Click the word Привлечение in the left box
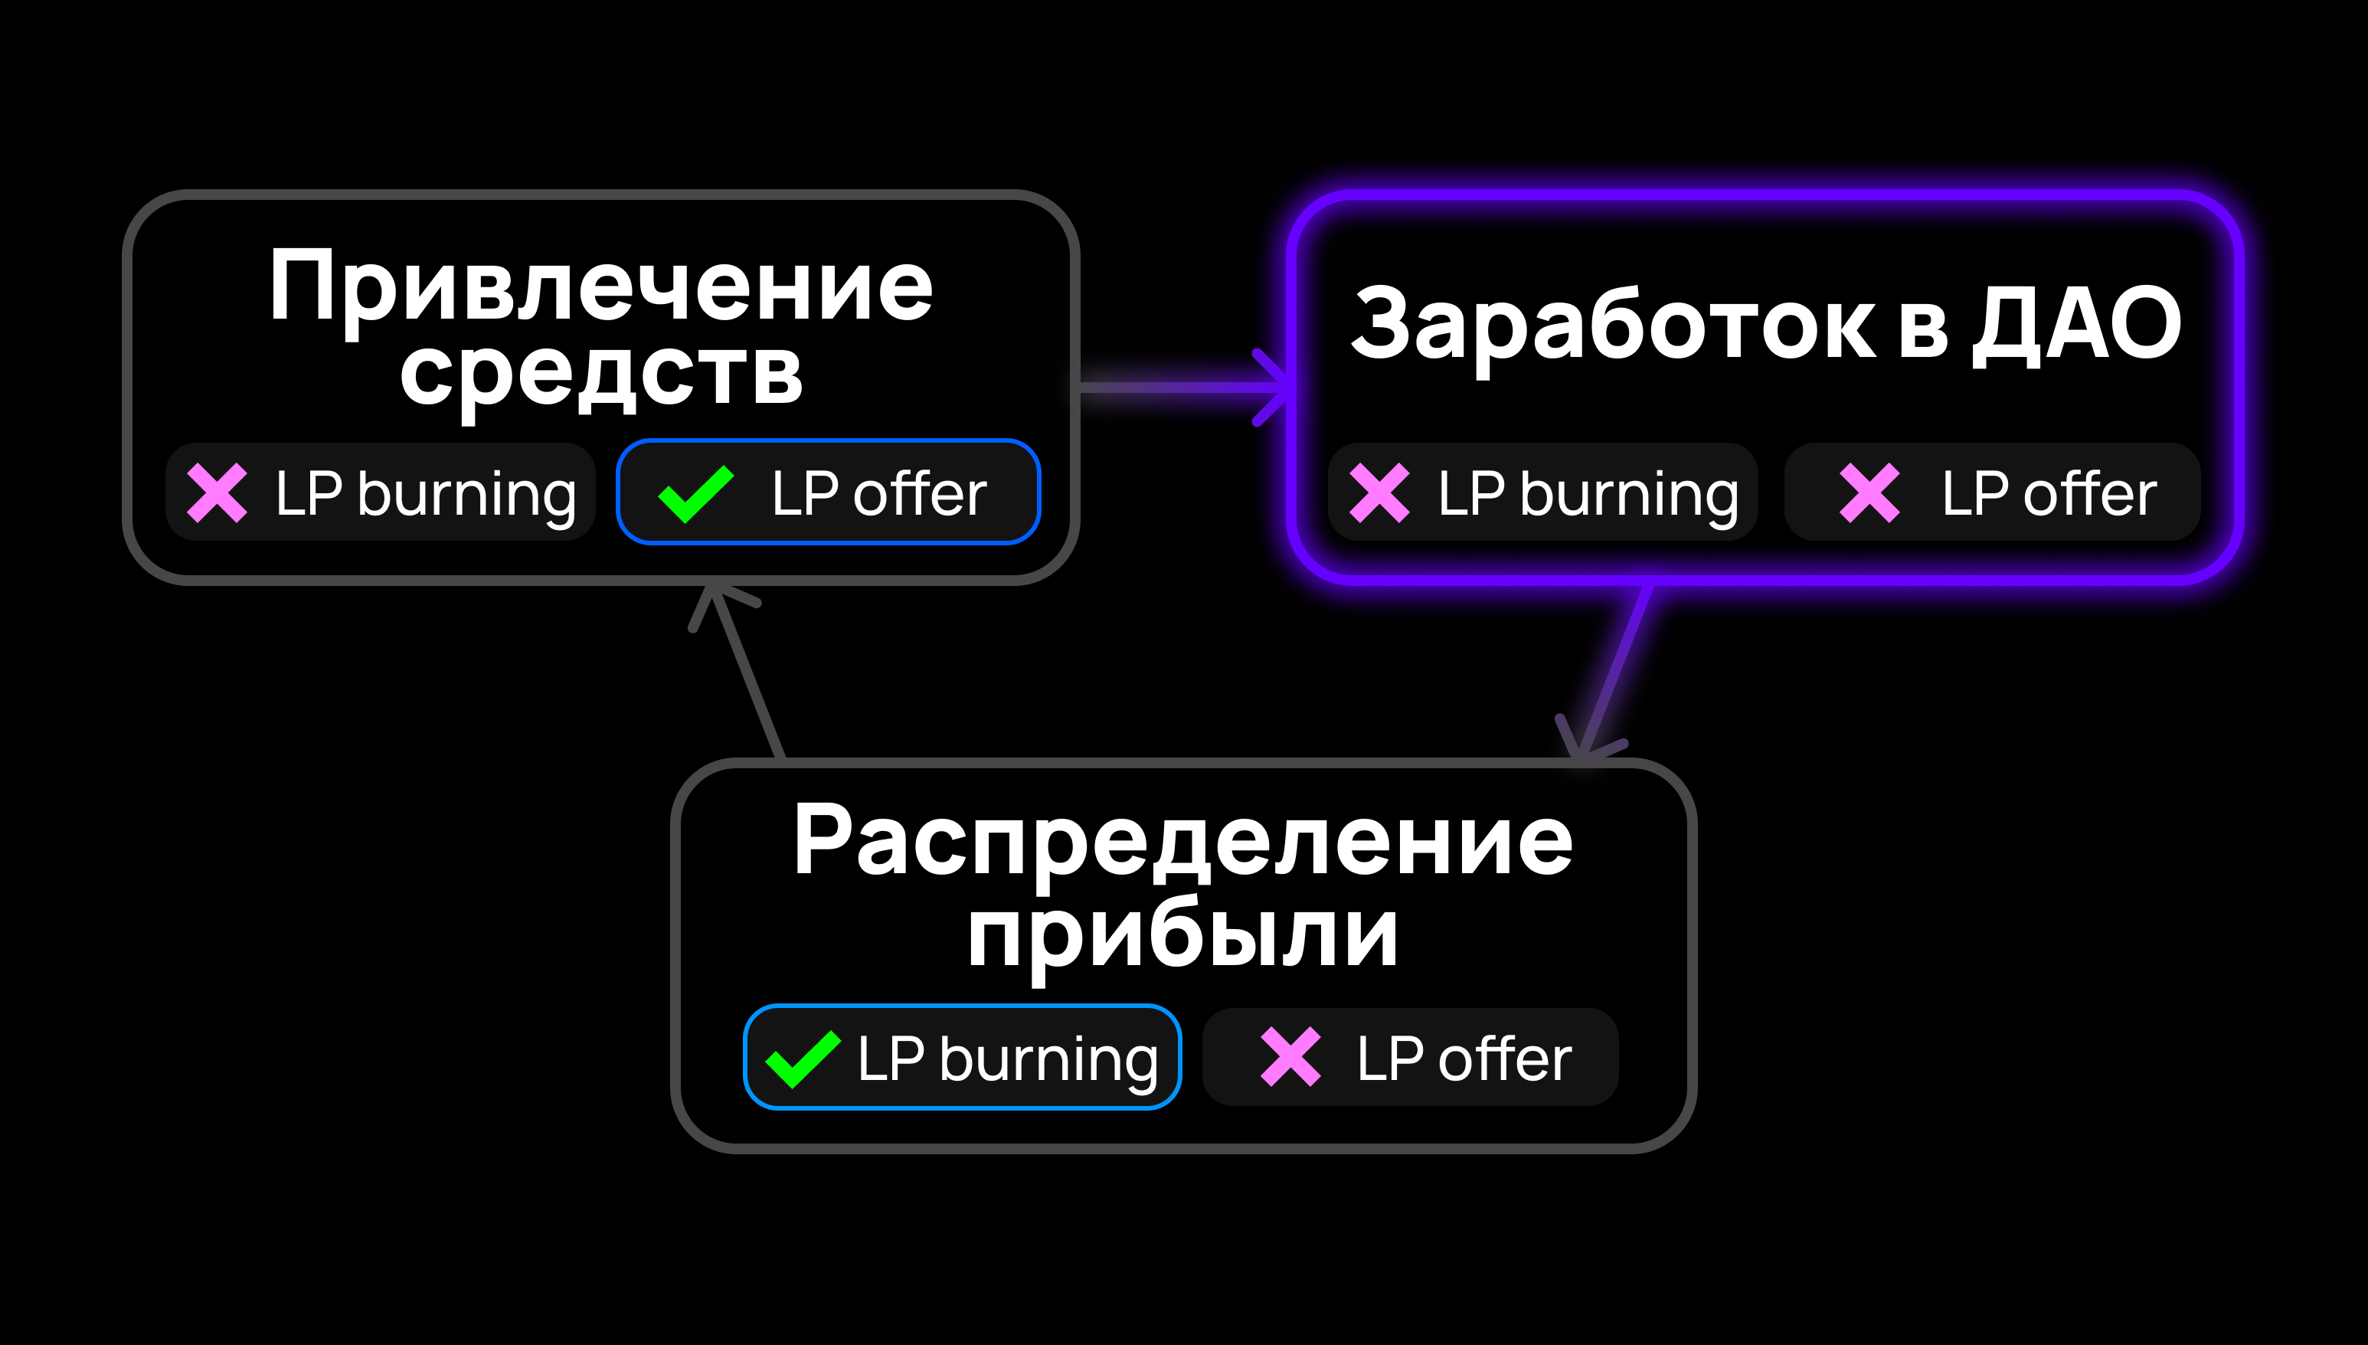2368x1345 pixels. [x=600, y=288]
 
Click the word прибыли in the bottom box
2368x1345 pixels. [x=1183, y=935]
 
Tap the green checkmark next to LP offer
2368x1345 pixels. [x=695, y=493]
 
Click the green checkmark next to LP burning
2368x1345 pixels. [x=803, y=1059]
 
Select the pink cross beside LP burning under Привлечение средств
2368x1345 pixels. [x=217, y=493]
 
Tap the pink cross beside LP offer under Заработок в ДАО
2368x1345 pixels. [x=1869, y=493]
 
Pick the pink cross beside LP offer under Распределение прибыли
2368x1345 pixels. [x=1290, y=1058]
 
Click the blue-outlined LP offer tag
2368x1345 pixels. [x=829, y=493]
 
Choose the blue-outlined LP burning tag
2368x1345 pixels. [x=963, y=1058]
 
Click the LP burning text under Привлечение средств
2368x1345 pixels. [x=426, y=494]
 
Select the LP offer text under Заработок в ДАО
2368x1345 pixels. [x=2049, y=493]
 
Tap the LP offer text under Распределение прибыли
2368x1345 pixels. [x=1464, y=1058]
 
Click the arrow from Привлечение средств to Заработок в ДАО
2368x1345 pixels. [x=1182, y=387]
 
